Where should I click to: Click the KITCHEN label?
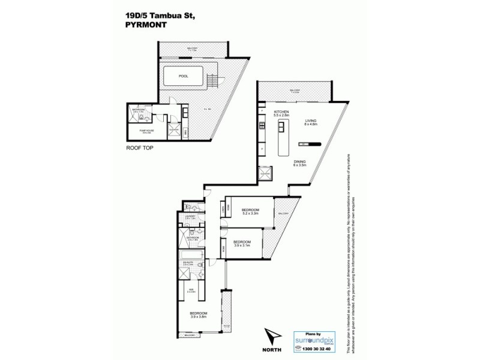tap(282, 112)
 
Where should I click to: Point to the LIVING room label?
tap(310, 121)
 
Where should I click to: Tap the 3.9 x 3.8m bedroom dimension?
tap(199, 317)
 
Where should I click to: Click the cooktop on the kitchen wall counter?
tap(262, 126)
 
